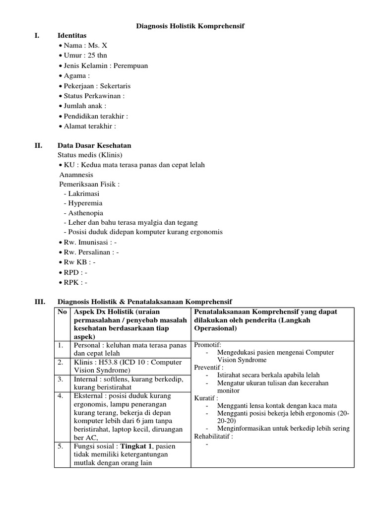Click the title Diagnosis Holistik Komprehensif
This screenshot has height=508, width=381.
pyautogui.click(x=190, y=25)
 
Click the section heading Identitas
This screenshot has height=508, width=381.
pyautogui.click(x=72, y=36)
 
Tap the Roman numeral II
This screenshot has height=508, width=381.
pyautogui.click(x=38, y=145)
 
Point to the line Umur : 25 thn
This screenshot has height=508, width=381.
pyautogui.click(x=85, y=56)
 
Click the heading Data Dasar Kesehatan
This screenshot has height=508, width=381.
pyautogui.click(x=94, y=145)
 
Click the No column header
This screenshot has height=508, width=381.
pyautogui.click(x=62, y=312)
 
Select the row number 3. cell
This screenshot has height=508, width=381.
pyautogui.click(x=60, y=380)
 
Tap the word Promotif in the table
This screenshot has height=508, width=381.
pyautogui.click(x=207, y=345)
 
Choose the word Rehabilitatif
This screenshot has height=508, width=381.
pyautogui.click(x=213, y=437)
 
